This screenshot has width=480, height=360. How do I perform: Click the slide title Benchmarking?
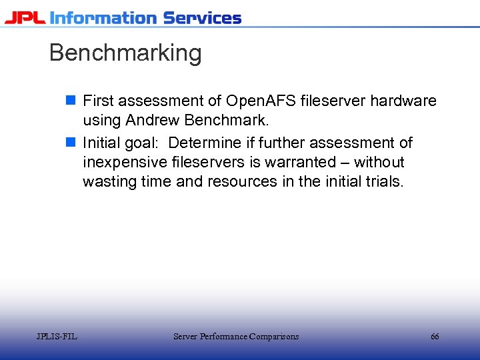125,53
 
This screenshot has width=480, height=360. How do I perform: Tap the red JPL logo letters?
25,17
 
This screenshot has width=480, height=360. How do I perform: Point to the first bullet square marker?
71,101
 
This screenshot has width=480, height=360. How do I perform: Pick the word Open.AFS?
261,101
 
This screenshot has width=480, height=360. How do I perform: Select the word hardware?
403,101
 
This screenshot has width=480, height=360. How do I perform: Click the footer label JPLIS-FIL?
57,337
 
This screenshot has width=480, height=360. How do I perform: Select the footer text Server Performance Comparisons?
236,337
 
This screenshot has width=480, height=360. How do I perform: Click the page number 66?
435,337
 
